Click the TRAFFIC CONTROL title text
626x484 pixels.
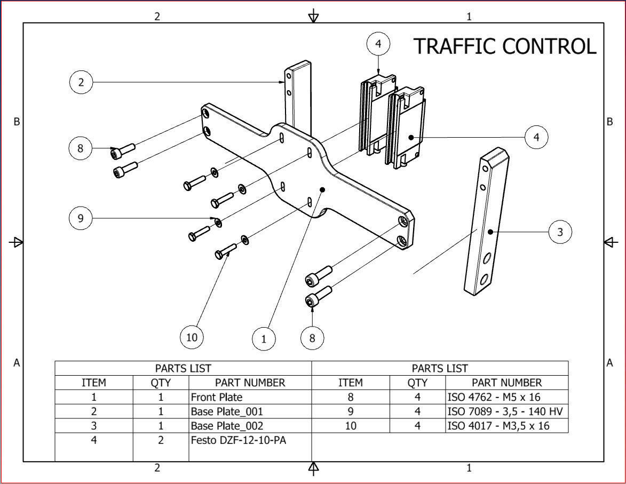coord(504,46)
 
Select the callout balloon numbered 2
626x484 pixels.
coord(81,82)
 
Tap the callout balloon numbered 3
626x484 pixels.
coord(560,232)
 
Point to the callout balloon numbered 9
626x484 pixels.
coord(81,218)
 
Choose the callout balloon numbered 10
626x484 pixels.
coord(192,337)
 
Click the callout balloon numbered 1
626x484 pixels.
coord(264,338)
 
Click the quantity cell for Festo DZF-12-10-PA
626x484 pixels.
coord(161,441)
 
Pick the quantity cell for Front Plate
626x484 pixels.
coord(161,397)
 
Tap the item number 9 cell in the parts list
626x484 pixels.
coord(351,411)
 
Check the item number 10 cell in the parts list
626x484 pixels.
coord(351,426)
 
